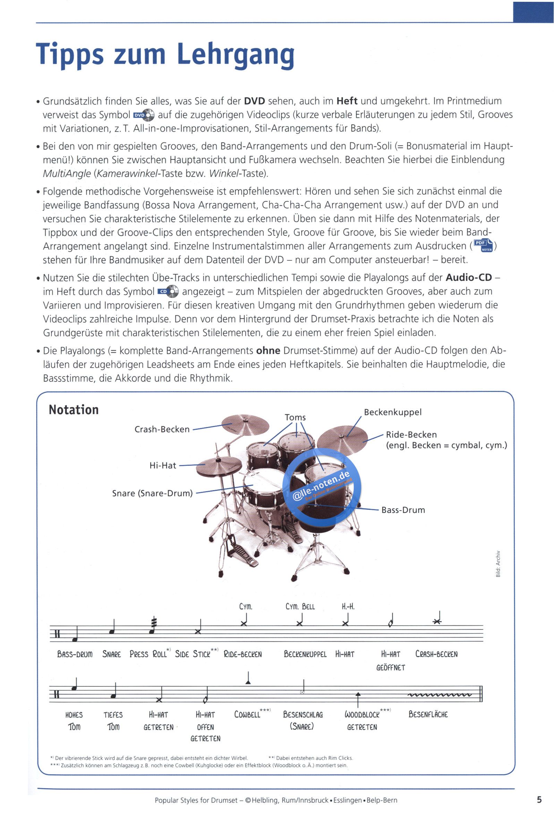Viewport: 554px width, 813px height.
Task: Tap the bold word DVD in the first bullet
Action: click(254, 101)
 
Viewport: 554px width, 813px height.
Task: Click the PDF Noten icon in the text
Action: click(483, 246)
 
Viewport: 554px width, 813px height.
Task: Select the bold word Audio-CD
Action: click(469, 278)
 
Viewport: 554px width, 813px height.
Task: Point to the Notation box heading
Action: click(74, 410)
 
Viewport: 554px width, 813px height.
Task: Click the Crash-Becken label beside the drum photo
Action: click(162, 429)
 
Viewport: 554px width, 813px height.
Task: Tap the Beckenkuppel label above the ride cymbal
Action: click(393, 412)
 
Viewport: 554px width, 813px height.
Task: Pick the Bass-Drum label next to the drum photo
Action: click(403, 510)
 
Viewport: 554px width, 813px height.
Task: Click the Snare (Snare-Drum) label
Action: click(152, 493)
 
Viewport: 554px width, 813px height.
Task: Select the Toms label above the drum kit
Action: click(295, 417)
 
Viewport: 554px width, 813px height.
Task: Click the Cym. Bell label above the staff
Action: click(300, 606)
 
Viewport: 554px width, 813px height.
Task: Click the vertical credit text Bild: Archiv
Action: click(498, 564)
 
